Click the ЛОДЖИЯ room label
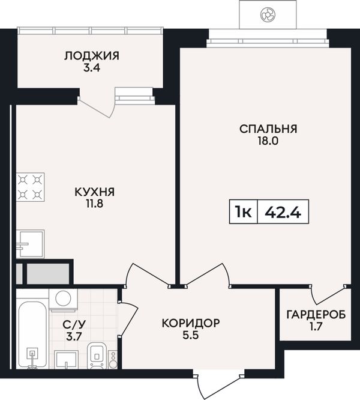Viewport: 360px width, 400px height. point(91,56)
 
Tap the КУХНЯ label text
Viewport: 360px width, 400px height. point(95,192)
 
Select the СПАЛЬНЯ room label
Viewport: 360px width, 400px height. point(268,129)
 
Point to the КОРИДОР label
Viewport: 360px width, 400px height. point(191,323)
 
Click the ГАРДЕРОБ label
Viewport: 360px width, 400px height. point(316,315)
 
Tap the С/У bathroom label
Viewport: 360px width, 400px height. point(74,325)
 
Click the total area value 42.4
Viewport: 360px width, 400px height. point(283,212)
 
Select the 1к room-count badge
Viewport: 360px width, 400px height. point(244,212)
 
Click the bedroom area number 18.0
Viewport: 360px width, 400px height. point(268,141)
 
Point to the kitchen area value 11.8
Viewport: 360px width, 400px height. point(95,204)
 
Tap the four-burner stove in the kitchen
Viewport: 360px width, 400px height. point(31,187)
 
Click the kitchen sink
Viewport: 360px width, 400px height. point(30,244)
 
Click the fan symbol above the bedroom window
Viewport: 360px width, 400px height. point(267,14)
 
